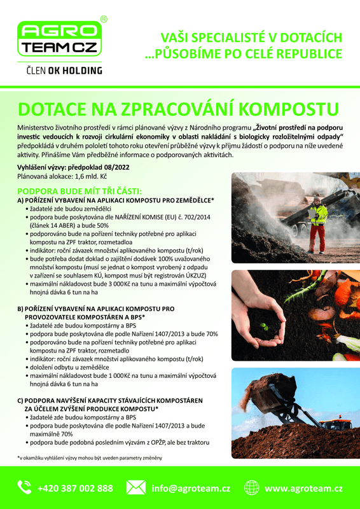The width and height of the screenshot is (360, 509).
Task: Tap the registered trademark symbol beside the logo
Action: (104, 20)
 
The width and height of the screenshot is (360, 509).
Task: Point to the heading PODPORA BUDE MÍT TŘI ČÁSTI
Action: (80, 191)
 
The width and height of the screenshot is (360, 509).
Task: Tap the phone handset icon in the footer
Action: (24, 488)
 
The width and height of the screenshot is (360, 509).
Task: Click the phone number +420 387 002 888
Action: (75, 489)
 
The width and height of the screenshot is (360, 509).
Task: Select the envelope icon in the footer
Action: (135, 488)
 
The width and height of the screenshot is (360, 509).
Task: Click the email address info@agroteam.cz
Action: (191, 489)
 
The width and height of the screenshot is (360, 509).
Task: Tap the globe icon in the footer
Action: (252, 488)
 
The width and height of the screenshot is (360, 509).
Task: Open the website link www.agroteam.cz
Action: (303, 489)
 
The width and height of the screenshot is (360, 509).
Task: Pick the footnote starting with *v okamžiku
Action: (90, 458)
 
